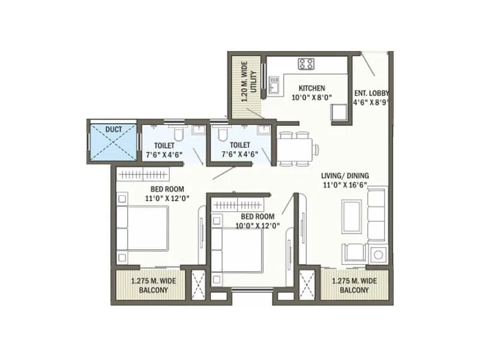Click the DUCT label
113,129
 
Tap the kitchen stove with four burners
306,63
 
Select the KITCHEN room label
311,88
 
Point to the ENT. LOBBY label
371,93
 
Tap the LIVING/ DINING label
345,175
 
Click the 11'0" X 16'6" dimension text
345,185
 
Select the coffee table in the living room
351,216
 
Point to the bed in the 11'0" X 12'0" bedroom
144,228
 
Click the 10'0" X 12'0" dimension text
257,226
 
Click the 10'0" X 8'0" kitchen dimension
311,98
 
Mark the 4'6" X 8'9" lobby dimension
371,103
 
